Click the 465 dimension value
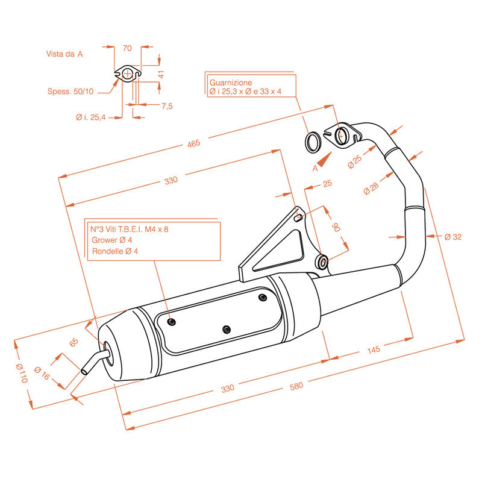tap(193, 144)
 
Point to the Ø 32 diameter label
tap(453, 236)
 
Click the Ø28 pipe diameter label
tap(372, 188)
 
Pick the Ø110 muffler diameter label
tap(22, 373)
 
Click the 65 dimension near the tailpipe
tap(74, 343)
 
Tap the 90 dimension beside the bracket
tap(337, 227)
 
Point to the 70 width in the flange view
tap(127, 48)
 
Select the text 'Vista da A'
tap(64, 54)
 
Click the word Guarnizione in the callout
tap(231, 82)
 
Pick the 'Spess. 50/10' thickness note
tap(70, 92)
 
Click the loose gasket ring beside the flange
tap(313, 142)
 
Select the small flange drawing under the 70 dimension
tap(127, 74)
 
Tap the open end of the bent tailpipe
tap(84, 369)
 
